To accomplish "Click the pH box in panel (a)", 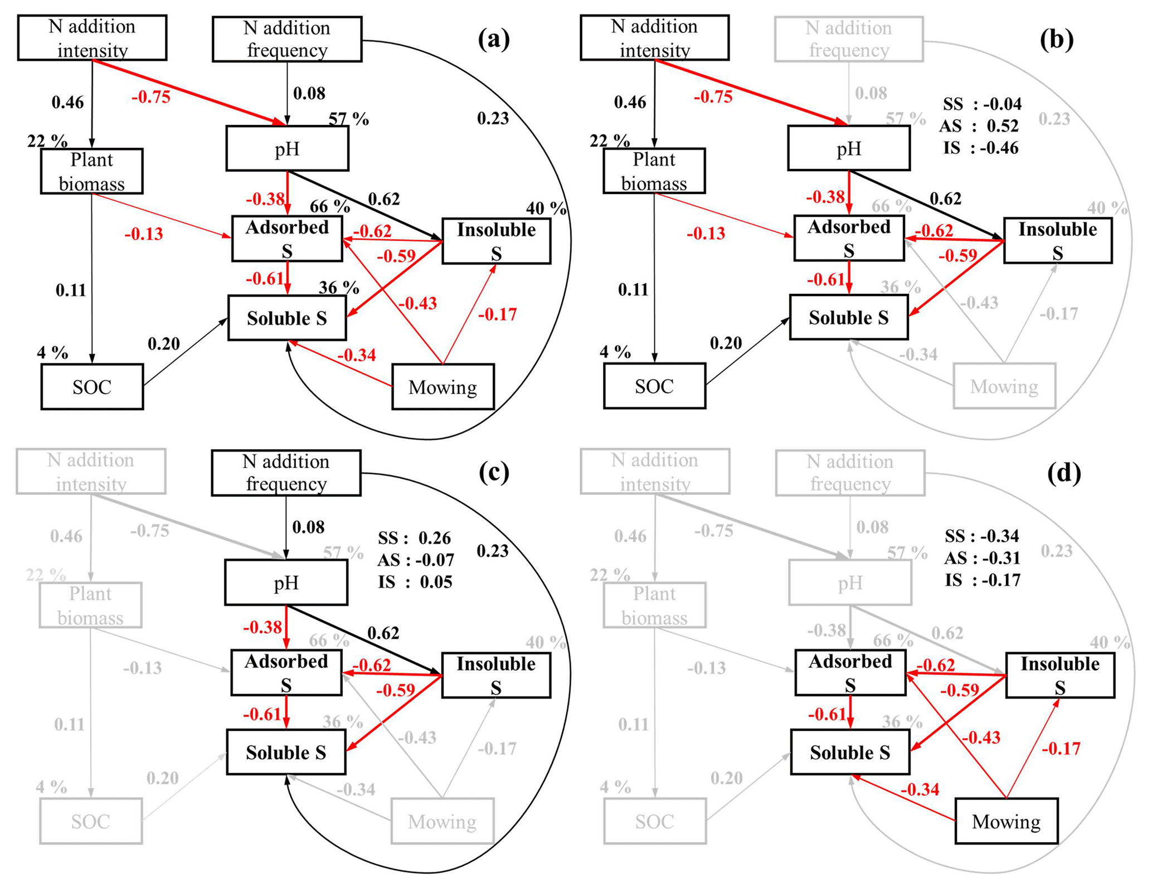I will tap(287, 148).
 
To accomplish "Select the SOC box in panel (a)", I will tap(92, 386).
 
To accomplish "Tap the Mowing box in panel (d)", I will tap(1006, 821).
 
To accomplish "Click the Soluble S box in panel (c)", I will tap(286, 752).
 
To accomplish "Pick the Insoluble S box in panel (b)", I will tap(1057, 240).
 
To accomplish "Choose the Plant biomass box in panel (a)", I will tap(91, 171).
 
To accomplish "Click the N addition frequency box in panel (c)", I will tap(286, 473).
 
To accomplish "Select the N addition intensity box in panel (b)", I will tap(654, 38).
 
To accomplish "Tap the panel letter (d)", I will tap(1063, 473).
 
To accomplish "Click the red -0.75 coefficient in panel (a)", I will tap(151, 97).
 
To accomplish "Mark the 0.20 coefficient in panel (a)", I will tap(163, 343).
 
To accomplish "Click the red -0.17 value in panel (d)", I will tap(1061, 748).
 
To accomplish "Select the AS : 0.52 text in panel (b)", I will tap(979, 126).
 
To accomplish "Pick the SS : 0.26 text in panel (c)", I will tap(414, 537).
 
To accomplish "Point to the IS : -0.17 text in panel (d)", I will tap(982, 580).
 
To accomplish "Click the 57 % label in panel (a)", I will tap(348, 119).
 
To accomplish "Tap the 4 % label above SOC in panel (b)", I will tap(615, 352).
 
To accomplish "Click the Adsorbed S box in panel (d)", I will tap(850, 672).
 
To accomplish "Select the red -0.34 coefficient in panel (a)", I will tap(356, 355).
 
